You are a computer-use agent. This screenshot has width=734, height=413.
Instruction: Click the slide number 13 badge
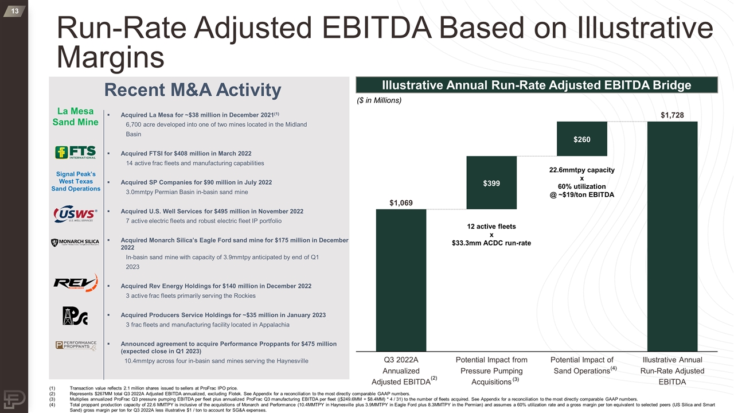(x=13, y=11)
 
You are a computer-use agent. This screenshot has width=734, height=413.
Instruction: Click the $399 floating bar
(x=491, y=182)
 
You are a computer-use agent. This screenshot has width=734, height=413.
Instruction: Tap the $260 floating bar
(x=581, y=139)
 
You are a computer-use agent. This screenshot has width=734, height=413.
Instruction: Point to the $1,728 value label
(x=672, y=116)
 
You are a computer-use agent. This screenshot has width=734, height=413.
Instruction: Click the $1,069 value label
(x=401, y=203)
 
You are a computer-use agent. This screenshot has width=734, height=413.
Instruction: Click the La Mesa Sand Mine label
(x=76, y=116)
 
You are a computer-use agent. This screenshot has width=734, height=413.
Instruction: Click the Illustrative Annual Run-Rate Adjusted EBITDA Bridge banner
(x=537, y=85)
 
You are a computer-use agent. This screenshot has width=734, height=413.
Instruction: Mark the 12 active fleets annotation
(x=491, y=235)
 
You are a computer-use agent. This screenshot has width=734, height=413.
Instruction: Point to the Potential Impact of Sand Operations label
(x=582, y=365)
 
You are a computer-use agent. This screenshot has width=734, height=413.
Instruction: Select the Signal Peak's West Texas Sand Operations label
(x=76, y=181)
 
